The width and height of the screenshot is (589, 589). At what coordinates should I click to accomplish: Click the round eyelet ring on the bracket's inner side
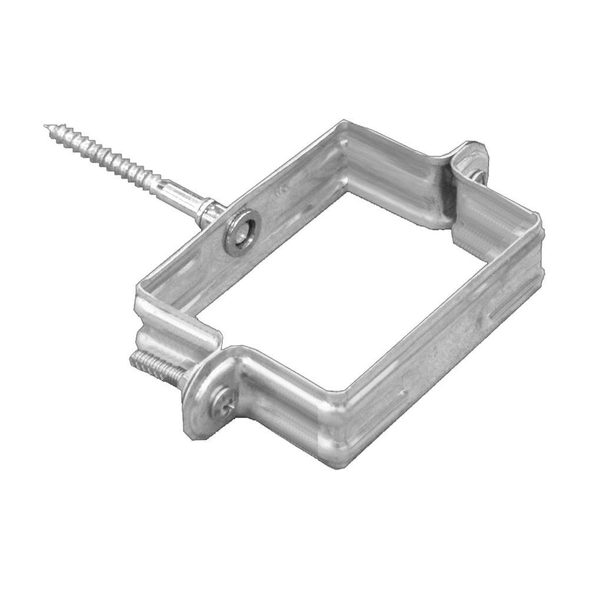click(x=241, y=231)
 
